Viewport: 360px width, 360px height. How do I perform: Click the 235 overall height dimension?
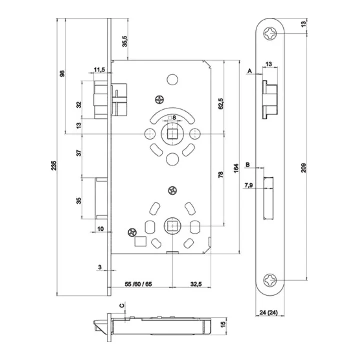53,166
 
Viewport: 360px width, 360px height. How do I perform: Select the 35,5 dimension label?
125,41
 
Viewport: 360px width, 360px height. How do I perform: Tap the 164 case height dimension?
236,169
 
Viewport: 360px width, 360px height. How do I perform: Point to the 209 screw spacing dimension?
304,168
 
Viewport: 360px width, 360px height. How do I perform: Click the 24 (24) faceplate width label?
269,312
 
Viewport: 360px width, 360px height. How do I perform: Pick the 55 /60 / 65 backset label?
138,284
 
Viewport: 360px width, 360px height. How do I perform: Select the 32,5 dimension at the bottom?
196,284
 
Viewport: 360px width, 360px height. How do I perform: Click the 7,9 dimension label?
249,185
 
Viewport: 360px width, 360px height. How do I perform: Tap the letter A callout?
250,71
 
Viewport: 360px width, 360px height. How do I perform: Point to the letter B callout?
248,165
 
